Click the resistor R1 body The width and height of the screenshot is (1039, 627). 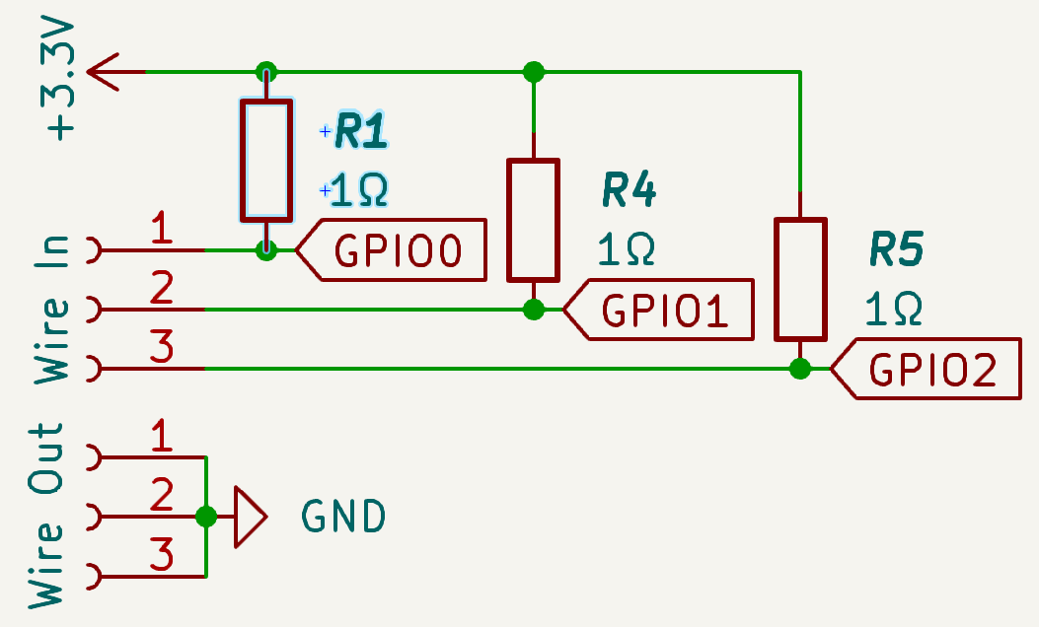[266, 160]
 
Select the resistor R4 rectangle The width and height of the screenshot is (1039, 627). [534, 219]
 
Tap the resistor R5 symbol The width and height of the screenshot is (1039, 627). [800, 279]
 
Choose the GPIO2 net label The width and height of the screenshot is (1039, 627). [931, 371]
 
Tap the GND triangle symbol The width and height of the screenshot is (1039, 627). [250, 516]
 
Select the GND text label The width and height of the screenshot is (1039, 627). [342, 516]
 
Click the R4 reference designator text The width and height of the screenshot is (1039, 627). [629, 192]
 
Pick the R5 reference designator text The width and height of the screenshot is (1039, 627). [896, 251]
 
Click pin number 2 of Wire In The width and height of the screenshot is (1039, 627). [161, 289]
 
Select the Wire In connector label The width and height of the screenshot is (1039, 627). [52, 309]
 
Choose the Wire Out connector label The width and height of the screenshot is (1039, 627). [47, 516]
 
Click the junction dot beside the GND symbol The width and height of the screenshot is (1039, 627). [206, 516]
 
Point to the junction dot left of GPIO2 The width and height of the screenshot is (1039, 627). [800, 370]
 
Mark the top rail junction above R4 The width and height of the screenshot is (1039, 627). [534, 72]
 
